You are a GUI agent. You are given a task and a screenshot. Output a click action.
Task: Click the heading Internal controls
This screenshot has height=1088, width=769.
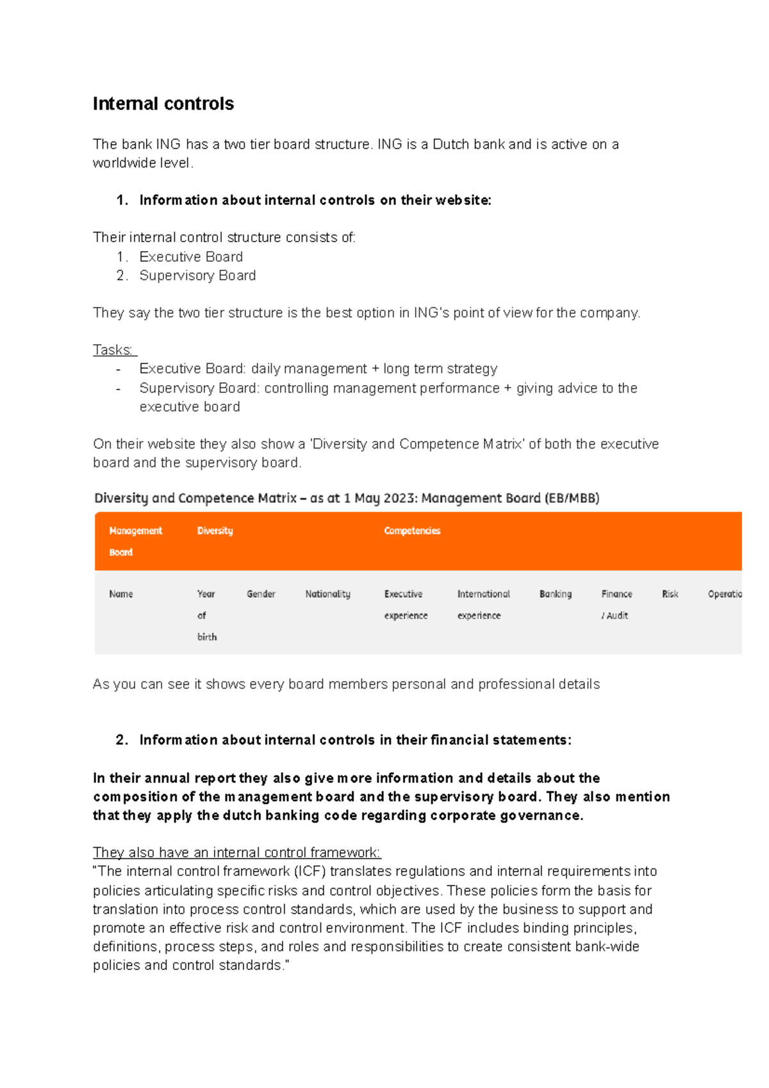click(163, 104)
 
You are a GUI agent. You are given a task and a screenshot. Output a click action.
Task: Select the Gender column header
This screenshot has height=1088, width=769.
click(261, 594)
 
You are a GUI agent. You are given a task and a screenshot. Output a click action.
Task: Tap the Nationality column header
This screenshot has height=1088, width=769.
click(327, 594)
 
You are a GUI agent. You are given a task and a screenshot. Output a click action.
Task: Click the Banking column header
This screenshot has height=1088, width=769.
click(556, 594)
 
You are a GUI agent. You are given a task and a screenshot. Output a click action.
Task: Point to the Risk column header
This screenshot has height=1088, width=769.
click(670, 594)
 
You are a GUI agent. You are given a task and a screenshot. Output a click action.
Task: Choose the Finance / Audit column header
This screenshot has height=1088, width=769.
click(616, 604)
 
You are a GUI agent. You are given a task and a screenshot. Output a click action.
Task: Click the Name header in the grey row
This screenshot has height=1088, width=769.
click(121, 594)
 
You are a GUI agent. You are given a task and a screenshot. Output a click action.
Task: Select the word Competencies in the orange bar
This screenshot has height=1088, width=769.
click(412, 531)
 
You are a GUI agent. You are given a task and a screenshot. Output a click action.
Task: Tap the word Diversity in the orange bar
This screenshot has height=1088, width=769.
click(215, 531)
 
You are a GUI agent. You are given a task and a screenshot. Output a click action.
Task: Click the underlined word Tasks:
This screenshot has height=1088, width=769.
click(113, 350)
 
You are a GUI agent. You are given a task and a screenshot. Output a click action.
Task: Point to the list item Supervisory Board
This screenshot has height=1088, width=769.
click(197, 276)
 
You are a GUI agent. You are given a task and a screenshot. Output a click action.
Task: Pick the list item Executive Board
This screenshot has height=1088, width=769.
click(191, 257)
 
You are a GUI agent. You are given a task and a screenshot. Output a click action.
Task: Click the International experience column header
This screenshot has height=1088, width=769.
click(483, 604)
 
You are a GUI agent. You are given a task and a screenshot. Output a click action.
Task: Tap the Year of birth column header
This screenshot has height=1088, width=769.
click(206, 615)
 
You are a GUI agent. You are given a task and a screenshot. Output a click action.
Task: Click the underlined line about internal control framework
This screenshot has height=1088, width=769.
click(236, 853)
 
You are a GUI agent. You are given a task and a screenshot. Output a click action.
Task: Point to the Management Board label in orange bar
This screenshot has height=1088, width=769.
click(135, 541)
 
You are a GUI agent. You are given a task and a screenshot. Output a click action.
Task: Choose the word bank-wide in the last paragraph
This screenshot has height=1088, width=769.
click(607, 947)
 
